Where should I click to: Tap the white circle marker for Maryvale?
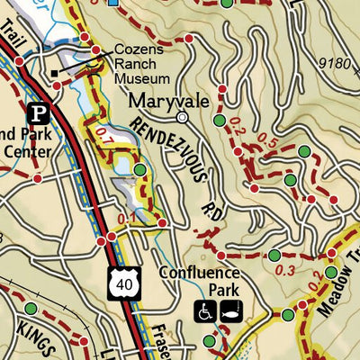[183, 117]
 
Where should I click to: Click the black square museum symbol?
[55, 73]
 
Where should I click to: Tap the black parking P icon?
[38, 113]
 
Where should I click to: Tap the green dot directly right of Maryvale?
[219, 120]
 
